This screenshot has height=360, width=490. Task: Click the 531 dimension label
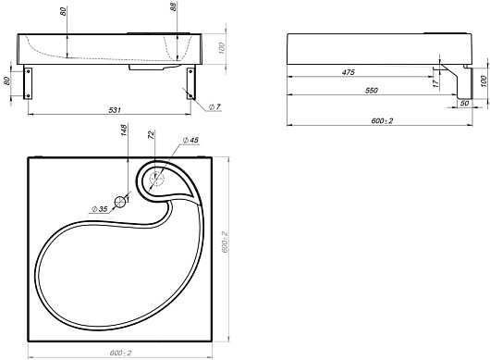115,110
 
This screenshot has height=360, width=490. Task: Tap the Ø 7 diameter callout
214,106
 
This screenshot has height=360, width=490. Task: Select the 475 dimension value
349,72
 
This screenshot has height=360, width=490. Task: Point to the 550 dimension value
372,91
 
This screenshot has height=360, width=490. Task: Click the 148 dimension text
124,130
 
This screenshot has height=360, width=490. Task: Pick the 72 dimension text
151,135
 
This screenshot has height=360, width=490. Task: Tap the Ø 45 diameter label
190,140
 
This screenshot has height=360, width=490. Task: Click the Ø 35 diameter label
99,209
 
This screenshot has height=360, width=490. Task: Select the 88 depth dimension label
174,6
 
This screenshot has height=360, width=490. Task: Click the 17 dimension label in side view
436,83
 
